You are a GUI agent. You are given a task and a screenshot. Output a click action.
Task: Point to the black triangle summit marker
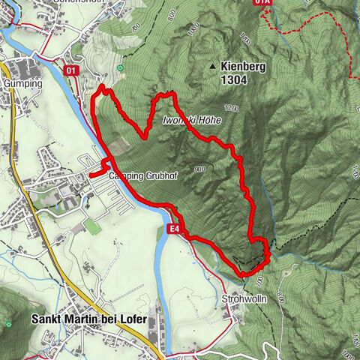click(x=214, y=67)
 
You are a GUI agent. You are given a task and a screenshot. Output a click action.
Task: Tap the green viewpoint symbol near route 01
click(x=119, y=68)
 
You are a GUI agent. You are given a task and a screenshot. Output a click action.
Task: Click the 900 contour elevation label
click(x=199, y=169)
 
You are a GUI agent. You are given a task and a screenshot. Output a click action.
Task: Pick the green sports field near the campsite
click(x=91, y=226)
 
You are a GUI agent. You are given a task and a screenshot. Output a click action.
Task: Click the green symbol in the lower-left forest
click(x=8, y=324)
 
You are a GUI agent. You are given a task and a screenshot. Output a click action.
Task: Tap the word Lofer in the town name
click(x=133, y=318)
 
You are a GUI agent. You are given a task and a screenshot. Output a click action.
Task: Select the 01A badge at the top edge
click(x=261, y=2)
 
